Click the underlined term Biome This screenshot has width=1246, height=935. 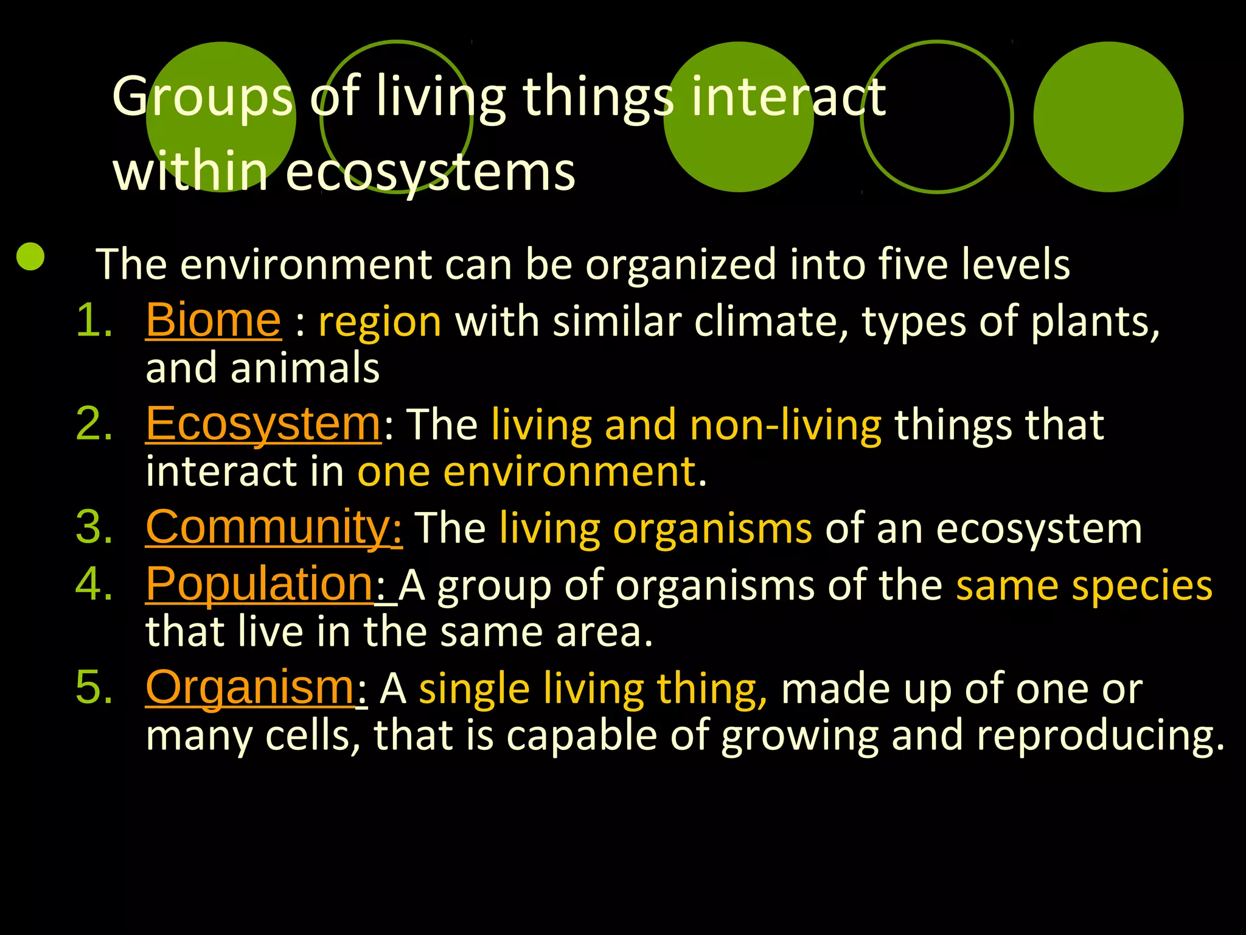(x=213, y=320)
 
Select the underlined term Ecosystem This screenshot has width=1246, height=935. (x=263, y=424)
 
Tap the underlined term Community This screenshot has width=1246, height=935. (x=273, y=527)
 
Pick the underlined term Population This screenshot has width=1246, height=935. (x=259, y=584)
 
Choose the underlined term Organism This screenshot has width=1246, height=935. (x=249, y=687)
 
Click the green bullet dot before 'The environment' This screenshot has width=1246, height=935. (x=30, y=257)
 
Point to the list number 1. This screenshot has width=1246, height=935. (x=94, y=320)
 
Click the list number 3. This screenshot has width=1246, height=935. (x=94, y=527)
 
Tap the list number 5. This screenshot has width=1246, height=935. (x=94, y=687)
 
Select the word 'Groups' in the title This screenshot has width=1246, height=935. (x=203, y=96)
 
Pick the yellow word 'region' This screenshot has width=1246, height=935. (x=380, y=321)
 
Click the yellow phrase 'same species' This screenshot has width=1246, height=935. (x=1084, y=586)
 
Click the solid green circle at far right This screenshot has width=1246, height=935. (x=1108, y=117)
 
